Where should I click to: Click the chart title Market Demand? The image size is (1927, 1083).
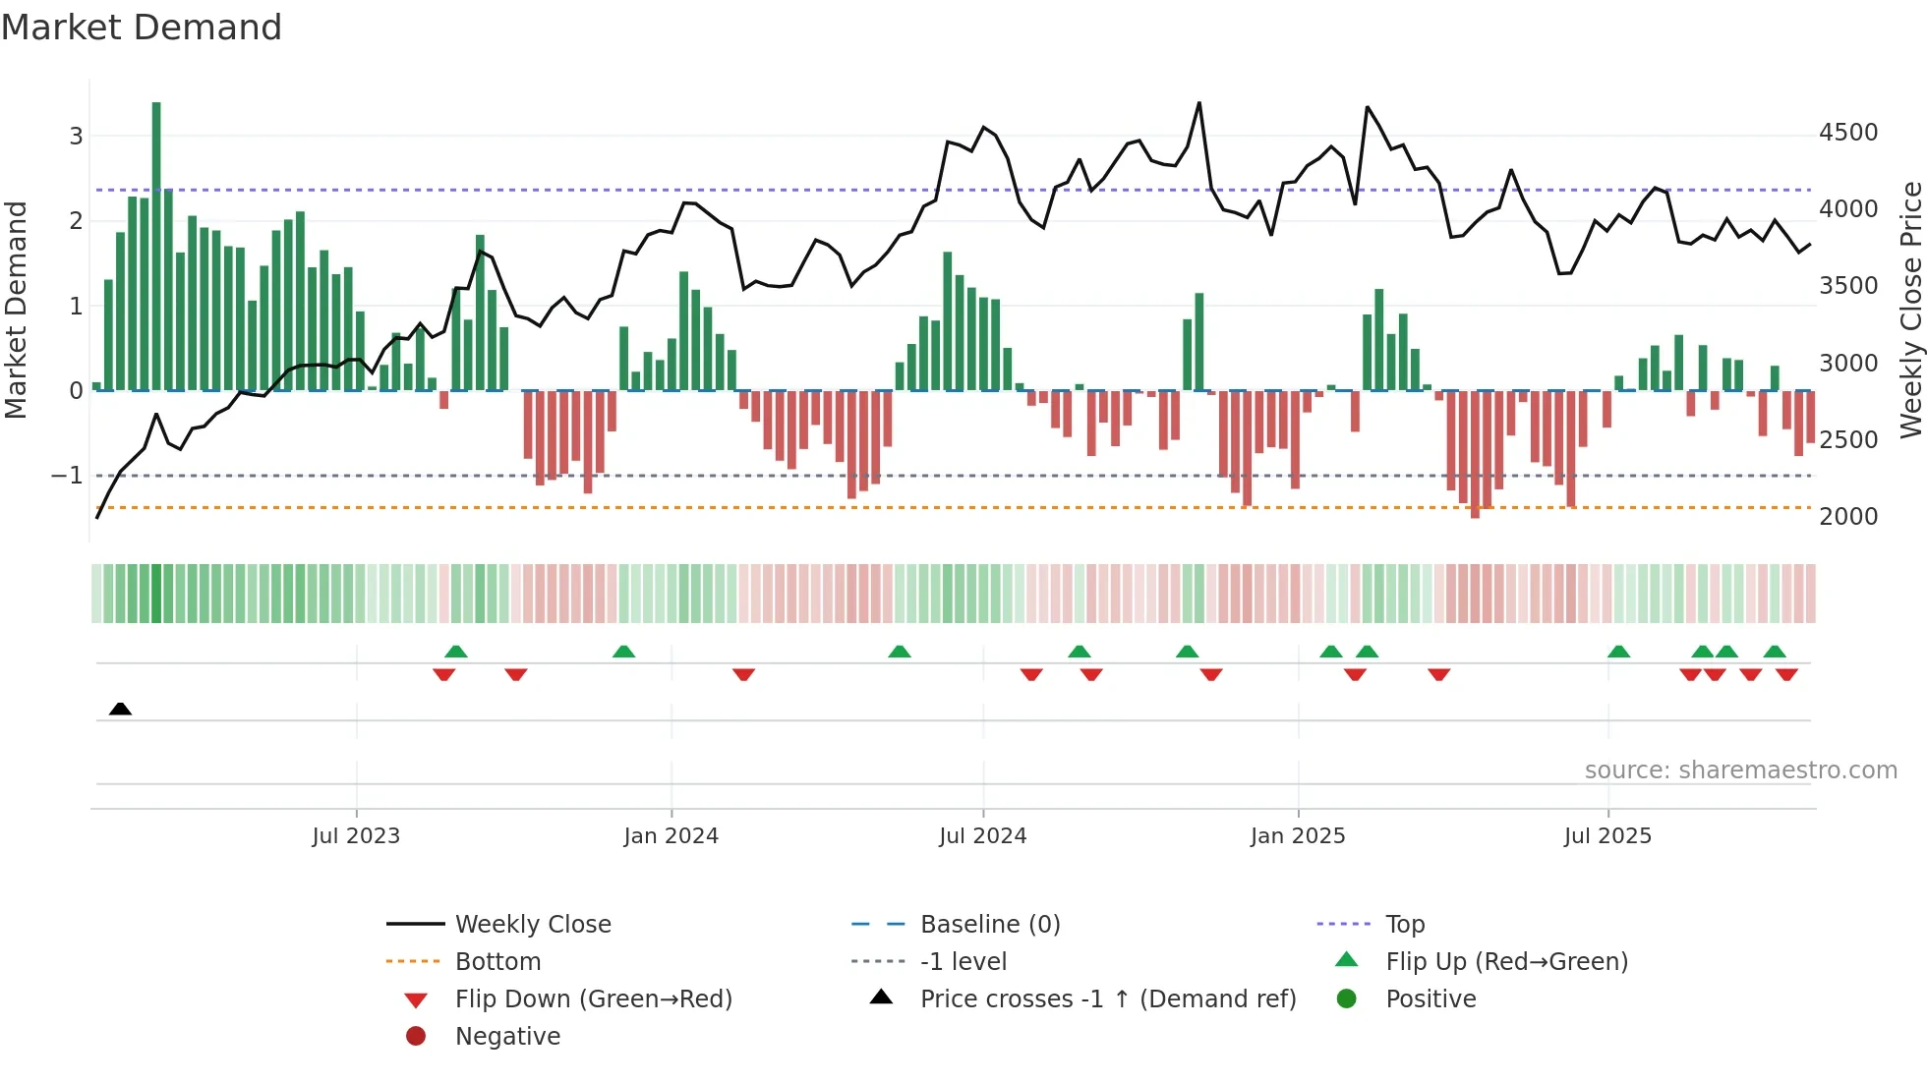(142, 28)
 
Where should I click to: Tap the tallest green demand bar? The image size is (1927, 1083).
(156, 246)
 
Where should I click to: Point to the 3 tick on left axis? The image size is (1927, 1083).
(76, 136)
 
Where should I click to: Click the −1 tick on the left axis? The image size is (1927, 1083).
(67, 476)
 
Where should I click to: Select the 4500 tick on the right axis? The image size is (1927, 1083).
(1848, 133)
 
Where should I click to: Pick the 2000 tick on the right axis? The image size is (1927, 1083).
(1848, 517)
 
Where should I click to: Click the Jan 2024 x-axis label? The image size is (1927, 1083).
(671, 836)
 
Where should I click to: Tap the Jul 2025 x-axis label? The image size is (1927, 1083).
(1607, 836)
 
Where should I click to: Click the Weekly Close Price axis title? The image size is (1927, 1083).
(1910, 310)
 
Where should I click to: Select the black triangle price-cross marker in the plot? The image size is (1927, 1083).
(120, 709)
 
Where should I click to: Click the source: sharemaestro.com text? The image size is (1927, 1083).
(1740, 770)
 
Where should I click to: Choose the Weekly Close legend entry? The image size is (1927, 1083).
(532, 925)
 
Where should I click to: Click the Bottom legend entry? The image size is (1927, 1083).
(497, 962)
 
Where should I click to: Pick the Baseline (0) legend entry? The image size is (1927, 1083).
(989, 925)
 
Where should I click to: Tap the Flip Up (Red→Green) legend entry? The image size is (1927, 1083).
(1506, 962)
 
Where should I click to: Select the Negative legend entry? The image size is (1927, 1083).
(507, 1037)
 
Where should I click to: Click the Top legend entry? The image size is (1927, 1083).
(1404, 925)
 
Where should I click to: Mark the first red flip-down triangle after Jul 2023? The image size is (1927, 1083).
(443, 674)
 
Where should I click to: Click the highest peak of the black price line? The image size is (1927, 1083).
(1198, 103)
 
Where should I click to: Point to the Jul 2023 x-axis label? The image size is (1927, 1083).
(356, 836)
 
